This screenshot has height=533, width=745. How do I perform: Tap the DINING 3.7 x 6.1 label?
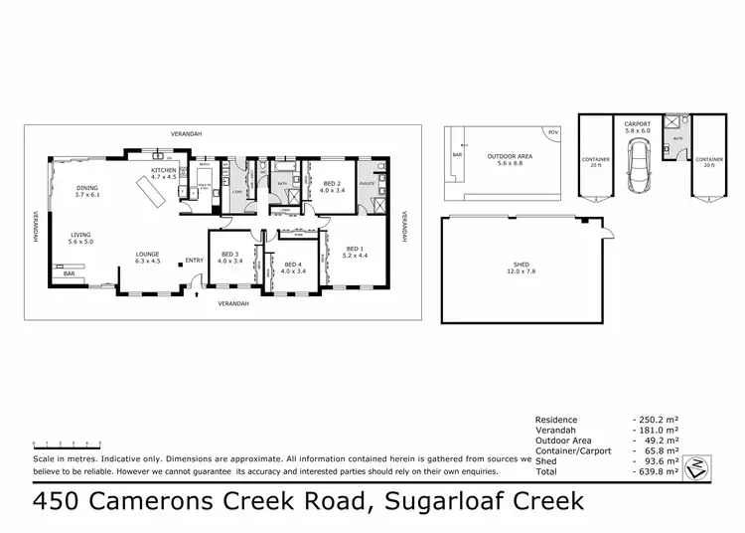(87, 191)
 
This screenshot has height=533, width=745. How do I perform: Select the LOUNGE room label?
(147, 257)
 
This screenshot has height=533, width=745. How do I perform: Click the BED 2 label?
(333, 185)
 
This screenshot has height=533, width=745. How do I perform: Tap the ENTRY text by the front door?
(193, 261)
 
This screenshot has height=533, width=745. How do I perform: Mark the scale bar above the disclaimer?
(66, 441)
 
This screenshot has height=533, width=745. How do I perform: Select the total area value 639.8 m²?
(658, 472)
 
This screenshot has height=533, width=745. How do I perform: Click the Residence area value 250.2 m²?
(658, 420)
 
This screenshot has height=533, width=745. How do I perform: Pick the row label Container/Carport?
(573, 450)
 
